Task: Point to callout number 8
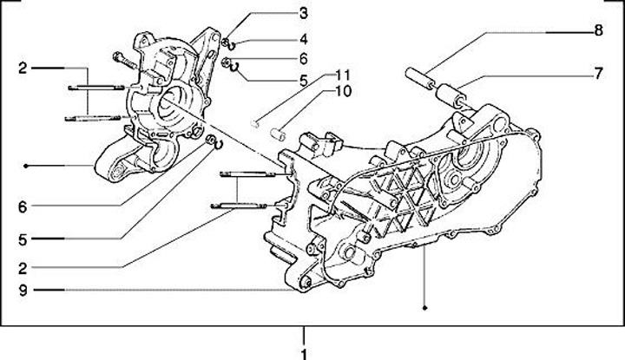pyautogui.click(x=598, y=31)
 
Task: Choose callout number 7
pyautogui.click(x=598, y=74)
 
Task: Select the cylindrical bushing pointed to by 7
pyautogui.click(x=451, y=92)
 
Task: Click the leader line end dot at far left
pyautogui.click(x=28, y=165)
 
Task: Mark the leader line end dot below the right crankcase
pyautogui.click(x=424, y=307)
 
